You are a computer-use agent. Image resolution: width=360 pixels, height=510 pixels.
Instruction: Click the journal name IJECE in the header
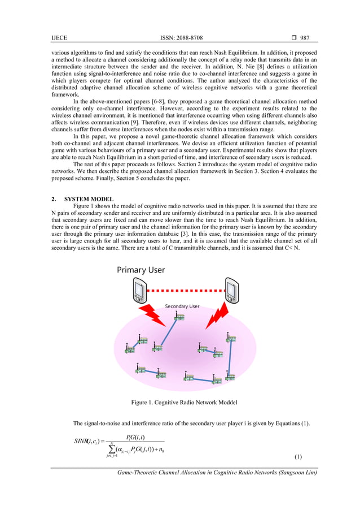click(x=59, y=37)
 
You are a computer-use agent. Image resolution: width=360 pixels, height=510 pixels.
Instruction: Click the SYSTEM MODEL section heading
click(x=89, y=200)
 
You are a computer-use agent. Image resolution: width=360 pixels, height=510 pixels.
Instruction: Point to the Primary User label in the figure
click(x=141, y=270)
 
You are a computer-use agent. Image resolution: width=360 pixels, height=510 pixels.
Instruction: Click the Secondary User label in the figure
click(x=182, y=306)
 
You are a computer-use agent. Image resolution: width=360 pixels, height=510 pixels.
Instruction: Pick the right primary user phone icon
click(x=231, y=289)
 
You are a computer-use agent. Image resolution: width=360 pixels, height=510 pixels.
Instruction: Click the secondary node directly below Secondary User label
click(x=179, y=317)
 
